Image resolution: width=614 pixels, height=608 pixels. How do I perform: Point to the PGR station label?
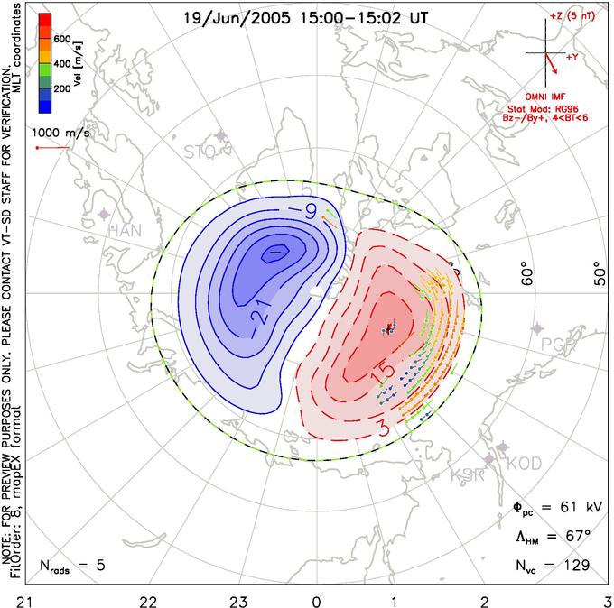558,344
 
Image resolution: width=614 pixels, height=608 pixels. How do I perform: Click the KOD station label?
524,463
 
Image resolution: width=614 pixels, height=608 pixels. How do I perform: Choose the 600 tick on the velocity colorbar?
61,39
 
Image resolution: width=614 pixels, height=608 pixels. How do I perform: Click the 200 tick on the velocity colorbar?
61,88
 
